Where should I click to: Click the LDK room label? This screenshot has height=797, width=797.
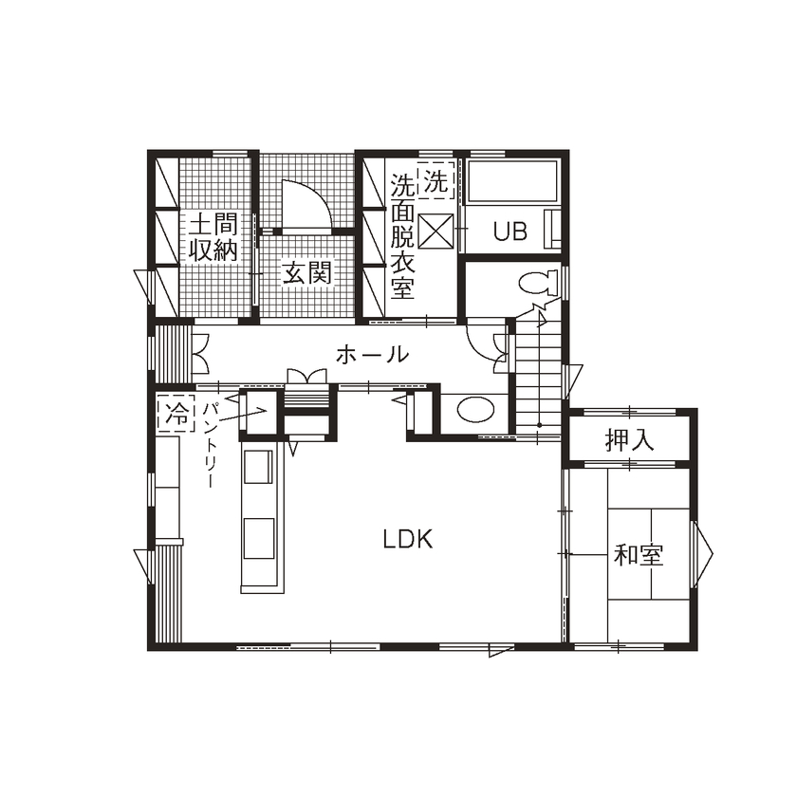pos(408,540)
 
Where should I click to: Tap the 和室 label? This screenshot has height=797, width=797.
pos(638,555)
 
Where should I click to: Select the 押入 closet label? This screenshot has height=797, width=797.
pos(630,441)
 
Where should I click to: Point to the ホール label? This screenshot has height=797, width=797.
pos(373,356)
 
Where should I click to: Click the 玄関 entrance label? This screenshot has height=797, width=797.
pos(306,273)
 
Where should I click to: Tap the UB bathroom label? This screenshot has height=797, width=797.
pos(510,232)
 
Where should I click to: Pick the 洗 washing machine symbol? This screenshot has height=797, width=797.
pos(435,183)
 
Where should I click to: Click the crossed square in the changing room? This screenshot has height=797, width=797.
pos(436,231)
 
